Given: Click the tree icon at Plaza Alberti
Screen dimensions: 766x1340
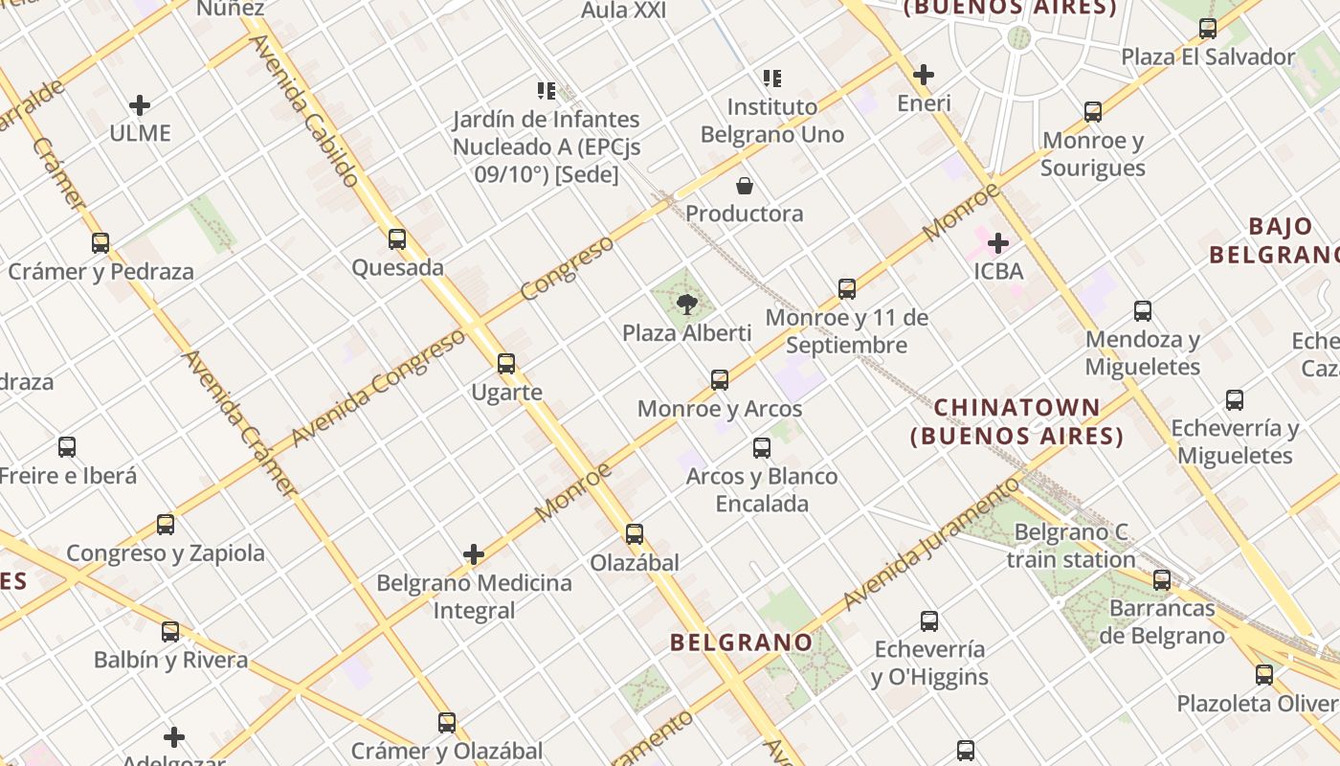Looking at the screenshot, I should click(x=686, y=305).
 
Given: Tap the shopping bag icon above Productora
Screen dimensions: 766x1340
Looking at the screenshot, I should click(x=744, y=185).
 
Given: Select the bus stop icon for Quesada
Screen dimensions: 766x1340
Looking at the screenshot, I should click(x=397, y=239).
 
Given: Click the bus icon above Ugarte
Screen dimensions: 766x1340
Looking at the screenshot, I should click(x=506, y=364).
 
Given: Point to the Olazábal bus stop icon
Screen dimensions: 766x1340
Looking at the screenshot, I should click(x=635, y=534).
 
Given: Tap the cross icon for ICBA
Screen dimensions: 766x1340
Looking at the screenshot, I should click(x=998, y=243).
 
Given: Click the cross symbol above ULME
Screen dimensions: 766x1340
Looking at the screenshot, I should click(x=140, y=105).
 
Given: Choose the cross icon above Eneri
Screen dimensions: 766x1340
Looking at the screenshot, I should click(x=924, y=75).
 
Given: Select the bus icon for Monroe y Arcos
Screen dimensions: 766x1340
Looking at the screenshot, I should click(x=720, y=380).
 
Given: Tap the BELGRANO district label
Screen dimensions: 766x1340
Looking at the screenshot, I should click(x=742, y=642).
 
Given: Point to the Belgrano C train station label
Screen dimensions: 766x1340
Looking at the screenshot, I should click(x=1071, y=546).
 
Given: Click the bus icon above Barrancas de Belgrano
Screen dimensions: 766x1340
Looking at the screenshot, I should click(x=1162, y=580).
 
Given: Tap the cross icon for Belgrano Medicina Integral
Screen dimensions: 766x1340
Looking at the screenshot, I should click(x=474, y=554).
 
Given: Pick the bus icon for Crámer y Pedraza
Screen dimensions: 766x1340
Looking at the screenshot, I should click(x=100, y=243).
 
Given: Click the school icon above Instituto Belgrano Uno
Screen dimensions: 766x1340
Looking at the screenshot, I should click(x=771, y=79).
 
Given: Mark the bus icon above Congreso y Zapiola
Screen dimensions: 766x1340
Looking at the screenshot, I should click(x=166, y=525).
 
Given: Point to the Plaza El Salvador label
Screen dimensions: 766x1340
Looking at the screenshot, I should click(x=1208, y=57).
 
